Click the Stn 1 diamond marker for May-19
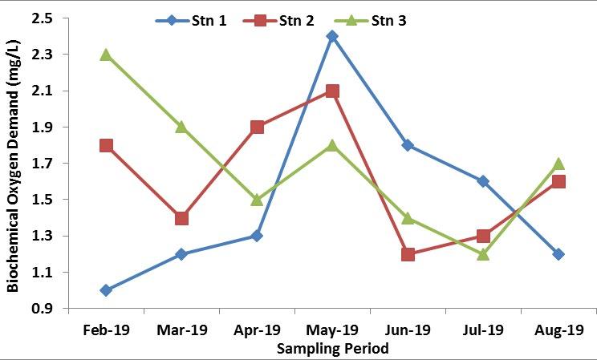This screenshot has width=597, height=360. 332,36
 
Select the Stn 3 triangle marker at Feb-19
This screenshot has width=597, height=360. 105,55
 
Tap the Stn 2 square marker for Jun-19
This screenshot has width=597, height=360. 408,254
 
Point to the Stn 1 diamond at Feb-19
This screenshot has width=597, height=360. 105,290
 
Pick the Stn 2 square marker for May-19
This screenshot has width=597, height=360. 332,91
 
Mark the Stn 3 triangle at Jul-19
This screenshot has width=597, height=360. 483,253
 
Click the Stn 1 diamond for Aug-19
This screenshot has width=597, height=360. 558,254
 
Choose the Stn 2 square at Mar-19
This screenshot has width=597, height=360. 181,218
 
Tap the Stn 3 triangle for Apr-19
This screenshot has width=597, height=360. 257,199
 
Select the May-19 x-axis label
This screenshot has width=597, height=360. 332,330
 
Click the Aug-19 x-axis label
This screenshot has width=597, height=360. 558,330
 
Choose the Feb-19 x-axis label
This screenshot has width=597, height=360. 105,330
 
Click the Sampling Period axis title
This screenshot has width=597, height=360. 332,349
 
